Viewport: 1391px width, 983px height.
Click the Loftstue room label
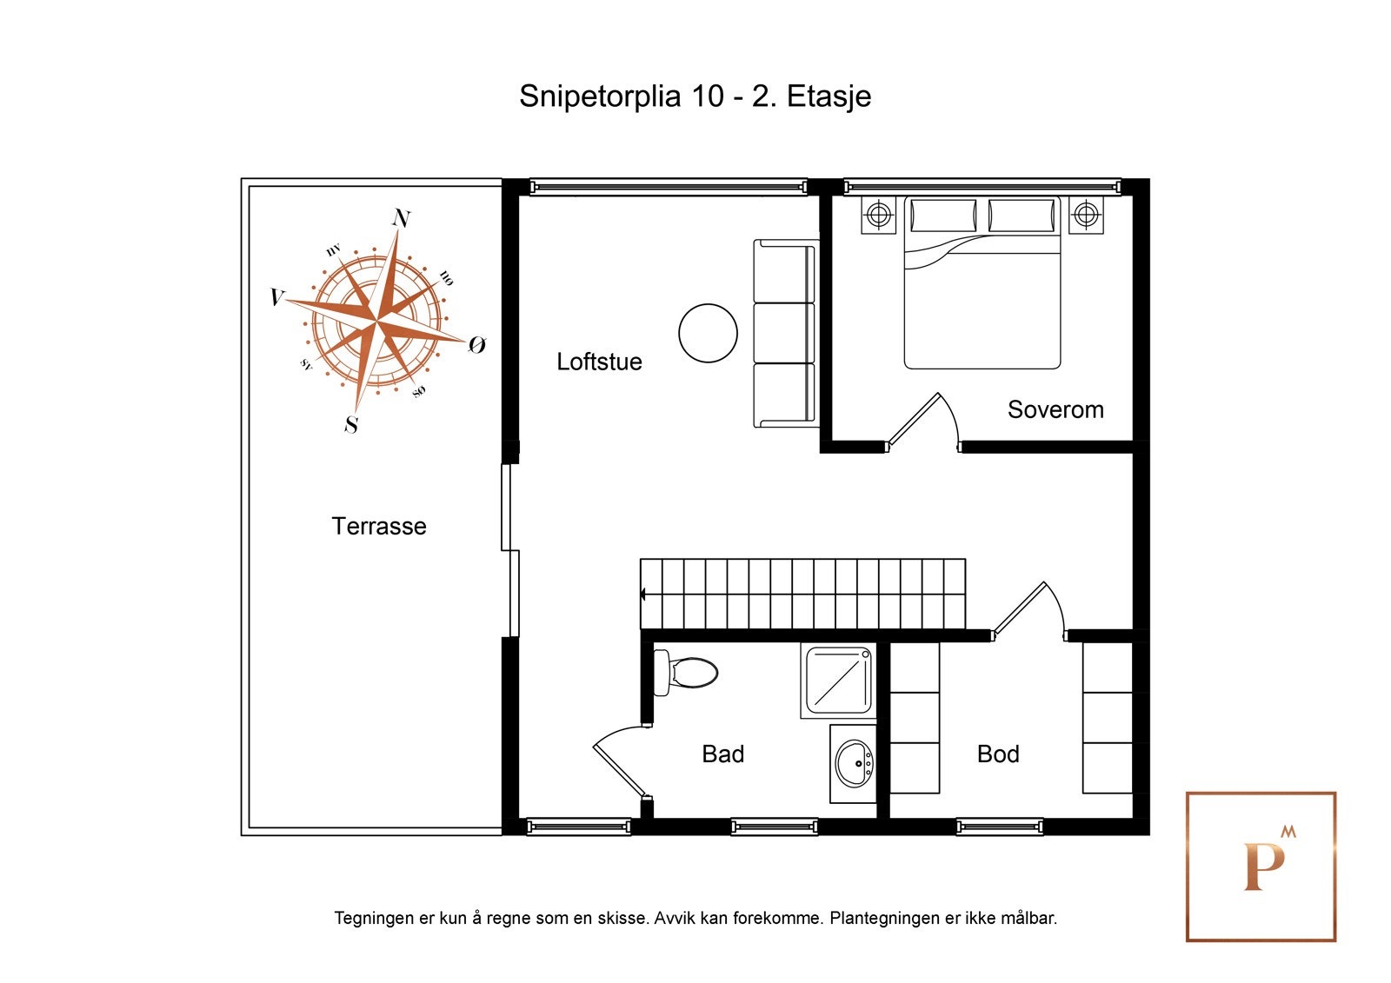pyautogui.click(x=599, y=362)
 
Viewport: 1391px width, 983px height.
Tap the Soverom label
pyautogui.click(x=1055, y=409)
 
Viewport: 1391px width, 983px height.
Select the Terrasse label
pyautogui.click(x=379, y=526)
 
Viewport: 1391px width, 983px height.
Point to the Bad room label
pyautogui.click(x=722, y=754)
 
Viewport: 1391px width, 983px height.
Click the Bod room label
pyautogui.click(x=998, y=754)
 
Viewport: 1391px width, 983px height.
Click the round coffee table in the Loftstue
pyautogui.click(x=708, y=333)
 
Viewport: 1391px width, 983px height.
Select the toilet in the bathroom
pyautogui.click(x=686, y=672)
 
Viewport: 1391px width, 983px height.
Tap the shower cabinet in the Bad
pyautogui.click(x=838, y=681)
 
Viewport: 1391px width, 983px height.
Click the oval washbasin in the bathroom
pyautogui.click(x=854, y=763)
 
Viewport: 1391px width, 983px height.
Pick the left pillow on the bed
pyautogui.click(x=942, y=216)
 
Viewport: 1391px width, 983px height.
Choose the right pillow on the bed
pyautogui.click(x=1021, y=216)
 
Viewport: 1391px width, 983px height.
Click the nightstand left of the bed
pyautogui.click(x=878, y=216)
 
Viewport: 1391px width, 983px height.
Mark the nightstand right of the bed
pyautogui.click(x=1086, y=216)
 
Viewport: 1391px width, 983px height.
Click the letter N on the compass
pyautogui.click(x=401, y=217)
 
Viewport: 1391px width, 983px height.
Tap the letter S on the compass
pyautogui.click(x=351, y=424)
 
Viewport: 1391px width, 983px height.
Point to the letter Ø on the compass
pyautogui.click(x=476, y=345)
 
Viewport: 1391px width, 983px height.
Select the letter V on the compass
pyautogui.click(x=277, y=297)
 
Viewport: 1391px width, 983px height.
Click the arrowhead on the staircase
pyautogui.click(x=643, y=594)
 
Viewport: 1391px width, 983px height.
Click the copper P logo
pyautogui.click(x=1264, y=867)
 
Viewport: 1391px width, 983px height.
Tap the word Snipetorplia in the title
pyautogui.click(x=600, y=97)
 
